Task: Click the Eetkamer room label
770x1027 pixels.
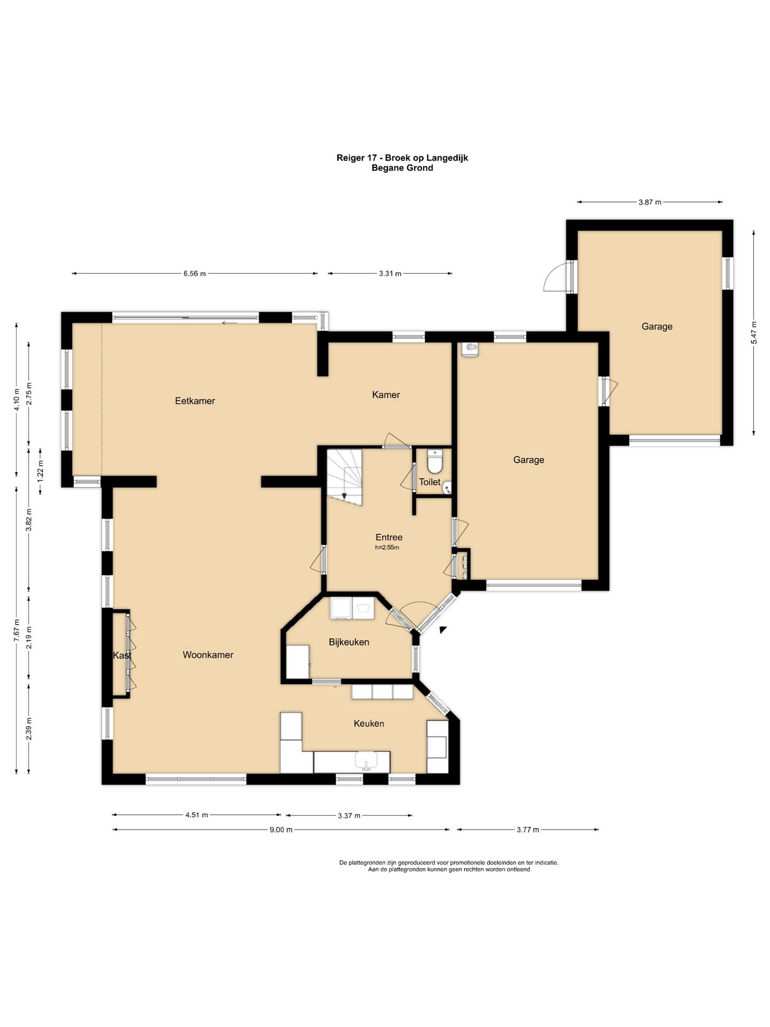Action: coord(195,401)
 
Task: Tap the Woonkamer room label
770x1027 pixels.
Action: coord(208,655)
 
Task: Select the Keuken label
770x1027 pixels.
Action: coord(369,724)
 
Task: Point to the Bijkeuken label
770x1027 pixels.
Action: coord(349,642)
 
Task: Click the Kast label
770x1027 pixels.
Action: coord(122,655)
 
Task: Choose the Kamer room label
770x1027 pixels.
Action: coord(386,395)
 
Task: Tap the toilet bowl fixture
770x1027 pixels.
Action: coord(435,462)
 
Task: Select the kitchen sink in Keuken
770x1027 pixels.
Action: coord(367,761)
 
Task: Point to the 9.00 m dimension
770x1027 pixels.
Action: coord(281,830)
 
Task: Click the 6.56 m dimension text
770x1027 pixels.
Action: coord(195,273)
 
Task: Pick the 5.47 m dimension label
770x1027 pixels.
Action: coord(754,333)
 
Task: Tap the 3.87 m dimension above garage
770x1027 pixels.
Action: coord(650,202)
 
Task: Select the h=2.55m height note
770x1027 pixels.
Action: coord(387,548)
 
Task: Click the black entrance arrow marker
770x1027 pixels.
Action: coord(443,630)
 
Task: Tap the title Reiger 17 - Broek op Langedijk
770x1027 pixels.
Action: coord(402,158)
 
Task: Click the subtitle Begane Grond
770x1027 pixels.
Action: coord(402,168)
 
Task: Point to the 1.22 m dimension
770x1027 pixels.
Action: coord(41,471)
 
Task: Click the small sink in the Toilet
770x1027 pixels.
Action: coord(448,487)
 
